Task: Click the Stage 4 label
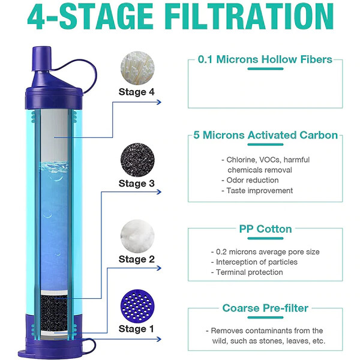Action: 136,92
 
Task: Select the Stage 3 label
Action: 136,183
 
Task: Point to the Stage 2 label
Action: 136,259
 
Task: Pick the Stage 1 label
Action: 136,328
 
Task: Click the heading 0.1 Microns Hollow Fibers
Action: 265,60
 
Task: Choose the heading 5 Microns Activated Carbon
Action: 265,135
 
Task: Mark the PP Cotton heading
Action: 265,229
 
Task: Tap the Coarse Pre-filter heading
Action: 265,308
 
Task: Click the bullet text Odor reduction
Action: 253,180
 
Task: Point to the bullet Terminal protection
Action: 246,272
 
